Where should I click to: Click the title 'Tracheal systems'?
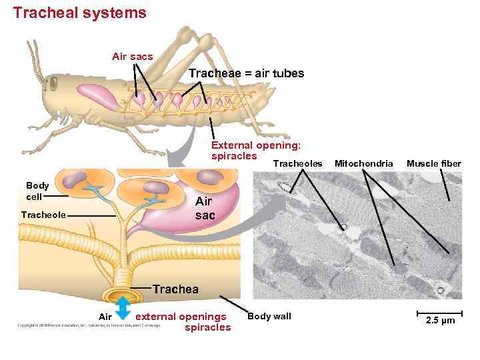(79, 13)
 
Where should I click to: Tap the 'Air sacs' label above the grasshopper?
(132, 57)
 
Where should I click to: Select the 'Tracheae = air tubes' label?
(246, 73)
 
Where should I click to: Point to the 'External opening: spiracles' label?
(255, 150)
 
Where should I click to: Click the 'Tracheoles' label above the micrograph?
(298, 163)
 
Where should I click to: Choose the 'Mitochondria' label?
(363, 163)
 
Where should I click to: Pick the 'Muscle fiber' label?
(433, 163)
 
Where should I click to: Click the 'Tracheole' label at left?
(43, 215)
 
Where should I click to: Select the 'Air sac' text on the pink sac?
(204, 209)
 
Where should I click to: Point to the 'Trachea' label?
(175, 289)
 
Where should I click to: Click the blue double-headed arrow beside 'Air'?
(123, 309)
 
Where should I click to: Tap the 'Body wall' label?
(269, 316)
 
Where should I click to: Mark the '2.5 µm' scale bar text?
(439, 321)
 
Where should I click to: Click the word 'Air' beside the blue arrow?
(105, 317)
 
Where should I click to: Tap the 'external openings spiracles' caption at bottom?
(183, 321)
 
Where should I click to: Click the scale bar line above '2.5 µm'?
(439, 313)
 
